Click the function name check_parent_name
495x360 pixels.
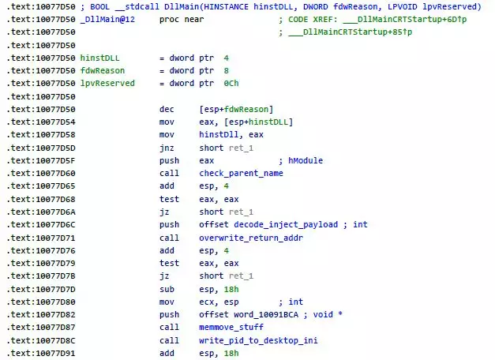241,174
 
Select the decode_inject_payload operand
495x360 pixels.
286,224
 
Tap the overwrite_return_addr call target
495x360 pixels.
251,238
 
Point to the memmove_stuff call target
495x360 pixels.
231,327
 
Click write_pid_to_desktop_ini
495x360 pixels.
258,340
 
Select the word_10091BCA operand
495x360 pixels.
266,314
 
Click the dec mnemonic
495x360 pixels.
167,109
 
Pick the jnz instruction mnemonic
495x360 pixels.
167,148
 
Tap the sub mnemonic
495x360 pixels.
167,289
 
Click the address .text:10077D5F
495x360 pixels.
41,160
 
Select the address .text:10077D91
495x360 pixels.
41,353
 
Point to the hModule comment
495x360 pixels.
306,160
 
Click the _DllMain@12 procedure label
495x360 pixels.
107,19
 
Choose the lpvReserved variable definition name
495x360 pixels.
107,84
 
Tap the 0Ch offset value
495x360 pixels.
231,84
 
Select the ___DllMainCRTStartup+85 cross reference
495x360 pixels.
350,32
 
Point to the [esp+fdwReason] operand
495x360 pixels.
236,109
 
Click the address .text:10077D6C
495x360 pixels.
41,224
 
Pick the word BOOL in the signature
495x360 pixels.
99,6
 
